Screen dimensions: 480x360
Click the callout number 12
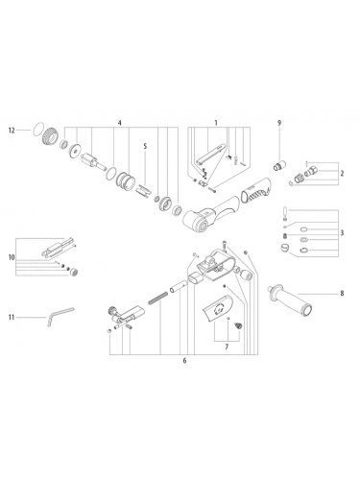(12, 129)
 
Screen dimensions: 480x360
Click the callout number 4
(119, 123)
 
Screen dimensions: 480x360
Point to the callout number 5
(145, 147)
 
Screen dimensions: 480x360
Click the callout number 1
(216, 123)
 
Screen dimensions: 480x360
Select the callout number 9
(279, 123)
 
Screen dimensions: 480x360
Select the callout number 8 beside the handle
(340, 292)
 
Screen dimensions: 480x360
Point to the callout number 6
(183, 361)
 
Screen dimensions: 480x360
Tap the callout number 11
(12, 316)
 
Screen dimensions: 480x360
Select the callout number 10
(12, 257)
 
